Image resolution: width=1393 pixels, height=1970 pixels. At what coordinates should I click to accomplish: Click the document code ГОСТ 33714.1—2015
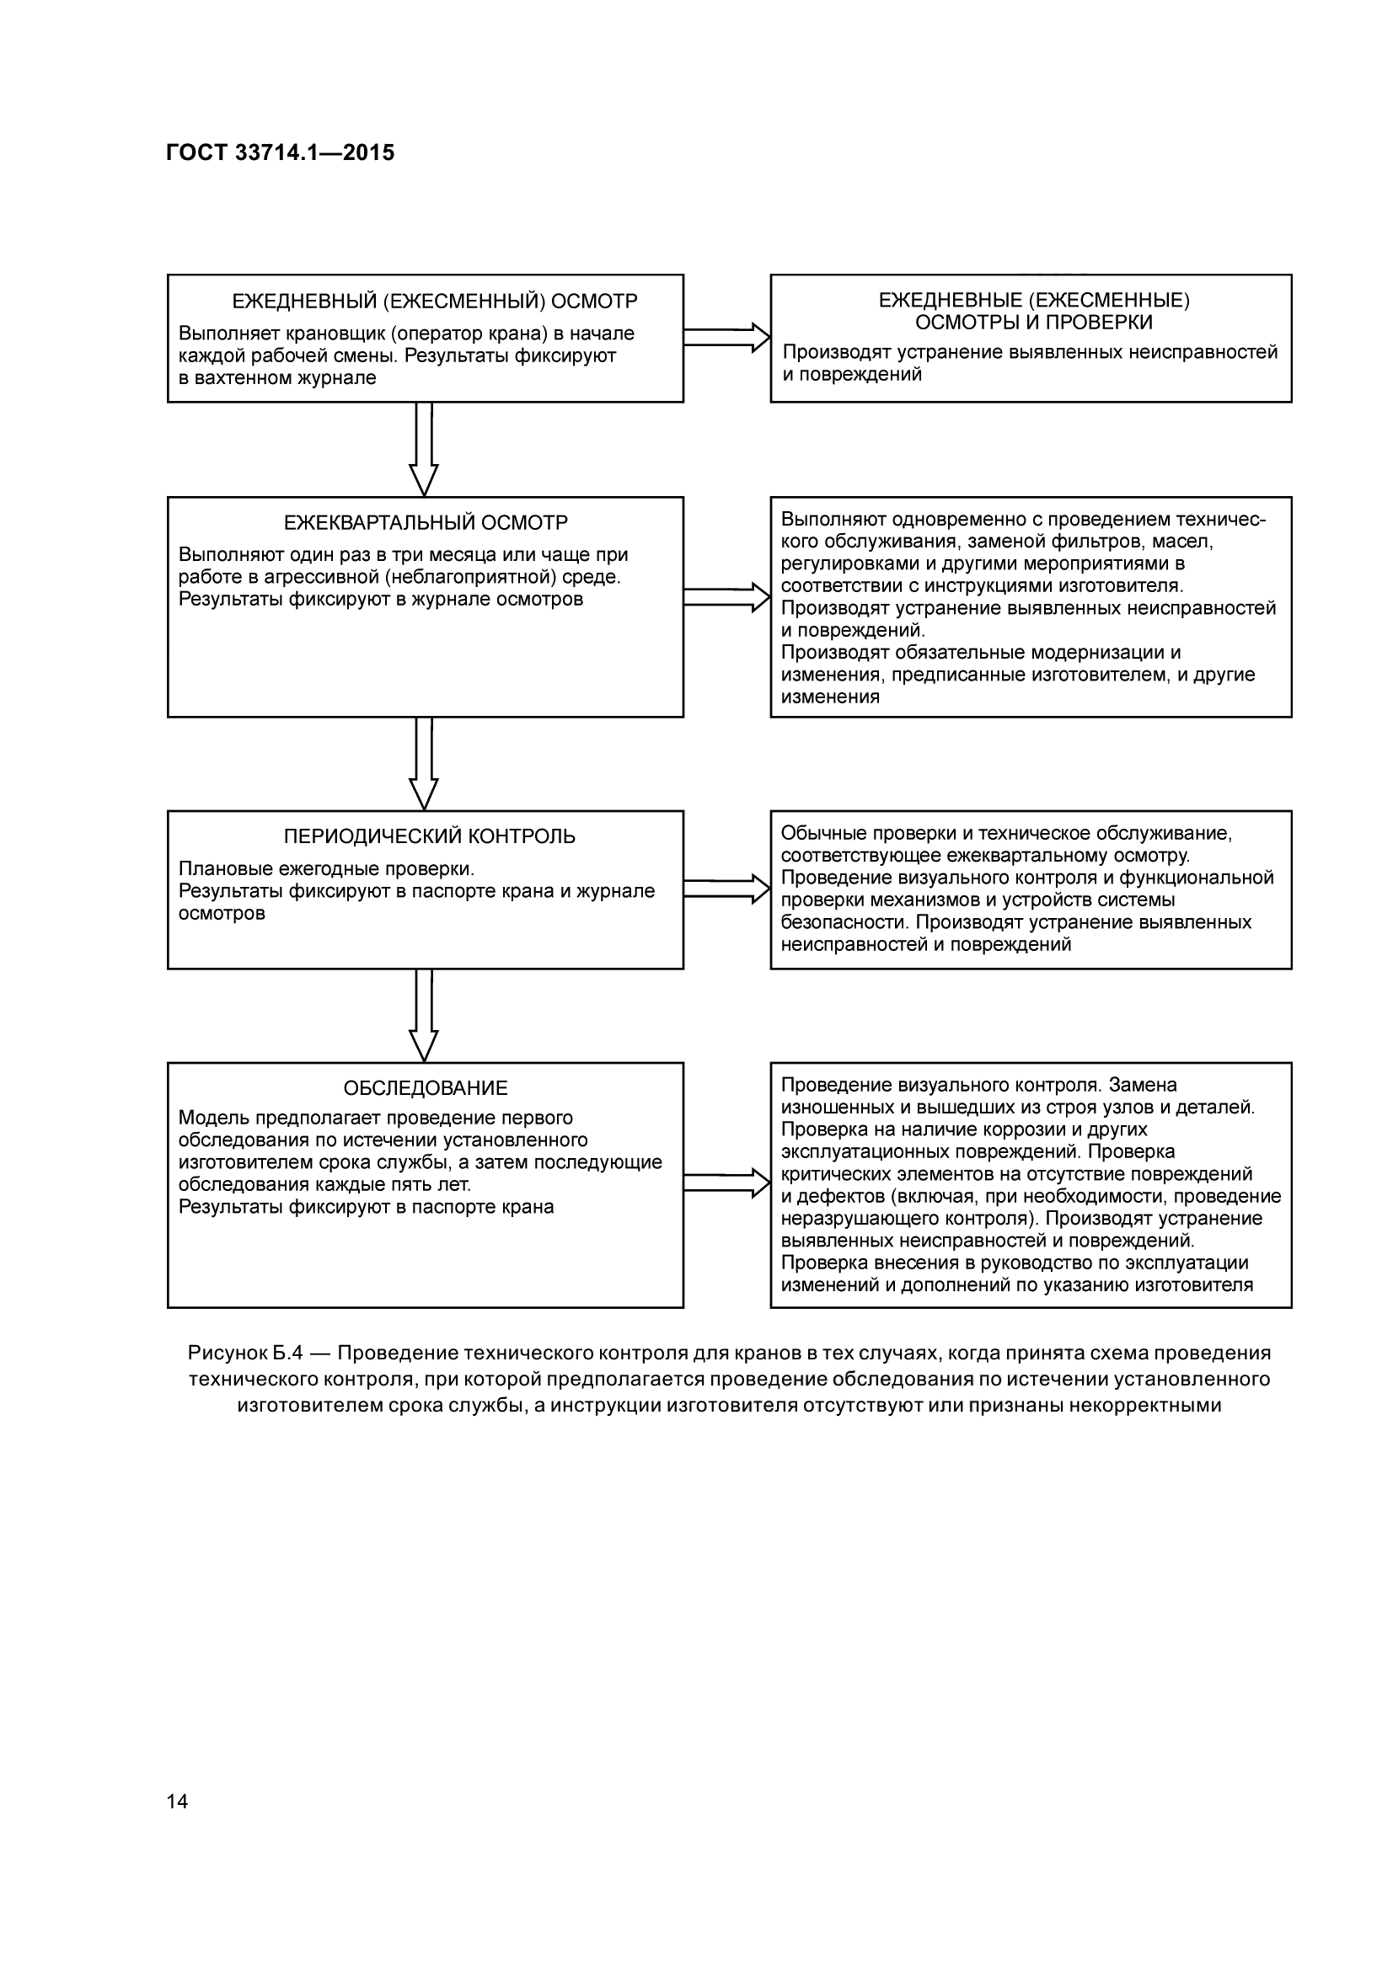click(280, 152)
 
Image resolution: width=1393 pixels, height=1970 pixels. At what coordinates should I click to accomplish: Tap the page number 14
click(177, 1802)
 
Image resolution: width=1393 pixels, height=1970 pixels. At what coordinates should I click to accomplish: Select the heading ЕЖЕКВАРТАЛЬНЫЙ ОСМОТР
click(426, 522)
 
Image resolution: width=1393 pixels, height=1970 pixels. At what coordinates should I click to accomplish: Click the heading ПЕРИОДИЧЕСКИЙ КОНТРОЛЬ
click(429, 836)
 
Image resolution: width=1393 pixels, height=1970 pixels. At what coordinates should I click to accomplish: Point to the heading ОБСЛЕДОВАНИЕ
click(426, 1088)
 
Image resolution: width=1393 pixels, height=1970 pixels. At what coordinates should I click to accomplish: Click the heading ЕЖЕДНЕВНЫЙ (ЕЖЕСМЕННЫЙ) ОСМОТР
click(435, 302)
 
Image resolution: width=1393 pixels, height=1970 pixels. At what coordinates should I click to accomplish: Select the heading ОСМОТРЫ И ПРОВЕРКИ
click(1033, 323)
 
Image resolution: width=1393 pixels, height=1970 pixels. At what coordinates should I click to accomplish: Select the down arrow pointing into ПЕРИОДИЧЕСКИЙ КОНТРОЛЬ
click(424, 763)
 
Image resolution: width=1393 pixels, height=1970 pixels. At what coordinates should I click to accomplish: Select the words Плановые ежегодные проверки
click(326, 869)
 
